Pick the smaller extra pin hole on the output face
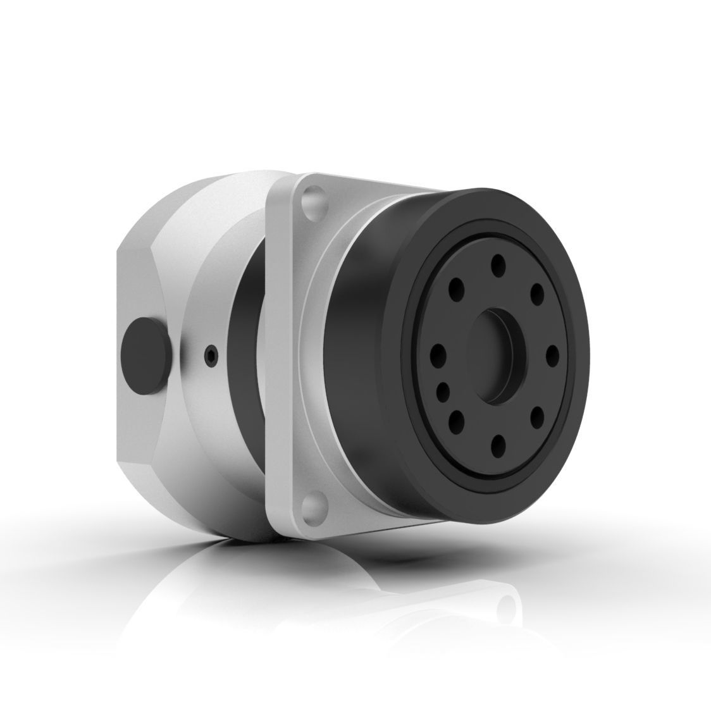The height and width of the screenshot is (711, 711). pos(443,389)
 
